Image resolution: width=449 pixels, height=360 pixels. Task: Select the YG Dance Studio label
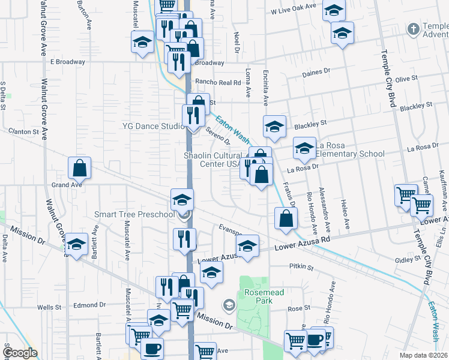point(153,126)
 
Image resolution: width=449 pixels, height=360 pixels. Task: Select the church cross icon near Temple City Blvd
point(413,29)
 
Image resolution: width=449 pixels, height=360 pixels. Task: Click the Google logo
point(20,352)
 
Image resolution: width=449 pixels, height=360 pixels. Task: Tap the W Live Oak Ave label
point(293,11)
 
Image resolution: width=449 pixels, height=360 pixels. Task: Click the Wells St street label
point(46,307)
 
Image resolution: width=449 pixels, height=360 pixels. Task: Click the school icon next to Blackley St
point(274,127)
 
